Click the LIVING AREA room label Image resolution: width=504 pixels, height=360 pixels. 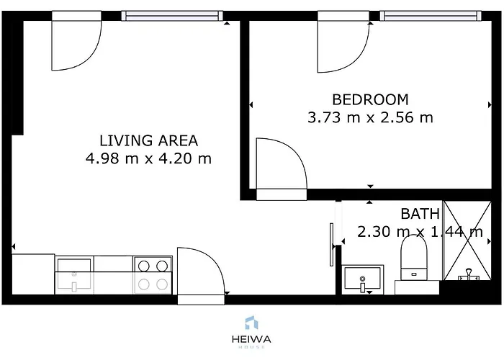148,140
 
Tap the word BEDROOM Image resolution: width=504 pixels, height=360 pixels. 370,99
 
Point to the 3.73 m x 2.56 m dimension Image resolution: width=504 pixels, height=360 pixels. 370,117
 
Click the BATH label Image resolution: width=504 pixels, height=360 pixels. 420,213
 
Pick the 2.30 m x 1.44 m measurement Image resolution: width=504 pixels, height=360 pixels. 420,232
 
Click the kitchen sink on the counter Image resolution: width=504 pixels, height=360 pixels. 74,276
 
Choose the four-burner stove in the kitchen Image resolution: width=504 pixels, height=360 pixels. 153,274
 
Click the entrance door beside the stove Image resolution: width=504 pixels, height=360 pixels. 202,274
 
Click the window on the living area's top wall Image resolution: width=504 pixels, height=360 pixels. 171,15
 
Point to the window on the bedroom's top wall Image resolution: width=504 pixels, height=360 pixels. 429,15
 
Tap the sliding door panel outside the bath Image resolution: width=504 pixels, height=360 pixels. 331,245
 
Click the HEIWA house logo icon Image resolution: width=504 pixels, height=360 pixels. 251,323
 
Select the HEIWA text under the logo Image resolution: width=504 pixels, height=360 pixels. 251,338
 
